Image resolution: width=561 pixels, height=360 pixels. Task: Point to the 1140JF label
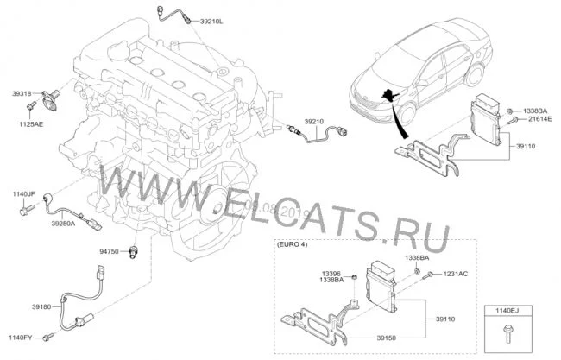pyautogui.click(x=23, y=194)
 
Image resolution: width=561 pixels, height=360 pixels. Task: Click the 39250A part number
pyautogui.click(x=63, y=224)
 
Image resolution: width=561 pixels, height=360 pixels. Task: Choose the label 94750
pyautogui.click(x=110, y=251)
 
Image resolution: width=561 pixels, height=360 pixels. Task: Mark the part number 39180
pyautogui.click(x=46, y=306)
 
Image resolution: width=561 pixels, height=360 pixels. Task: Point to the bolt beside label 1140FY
pyautogui.click(x=49, y=334)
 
